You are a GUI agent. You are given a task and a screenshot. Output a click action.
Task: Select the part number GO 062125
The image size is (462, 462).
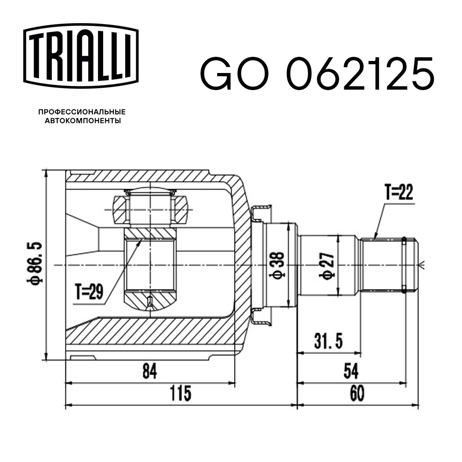(317, 74)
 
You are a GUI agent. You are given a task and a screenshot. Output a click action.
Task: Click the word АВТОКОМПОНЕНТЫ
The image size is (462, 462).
(82, 121)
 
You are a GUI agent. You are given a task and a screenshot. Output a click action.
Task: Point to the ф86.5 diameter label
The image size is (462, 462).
(36, 263)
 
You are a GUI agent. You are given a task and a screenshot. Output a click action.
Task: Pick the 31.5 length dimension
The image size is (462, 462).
(328, 342)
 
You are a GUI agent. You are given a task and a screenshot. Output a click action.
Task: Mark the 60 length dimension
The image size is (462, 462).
(357, 394)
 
